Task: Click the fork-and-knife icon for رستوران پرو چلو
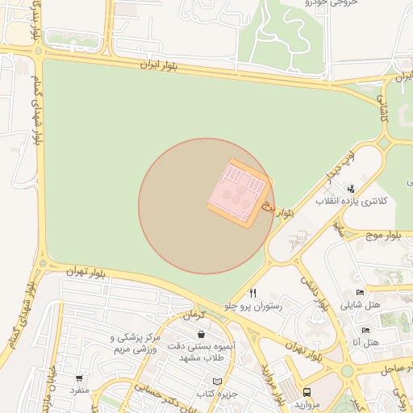pos(252,294)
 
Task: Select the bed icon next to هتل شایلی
pos(360,292)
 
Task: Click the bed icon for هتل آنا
pos(365,330)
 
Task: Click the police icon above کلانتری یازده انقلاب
pos(350,188)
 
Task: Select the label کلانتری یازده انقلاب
pos(351,200)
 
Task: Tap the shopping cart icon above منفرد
pos(79,378)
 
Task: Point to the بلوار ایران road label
pos(158,63)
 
